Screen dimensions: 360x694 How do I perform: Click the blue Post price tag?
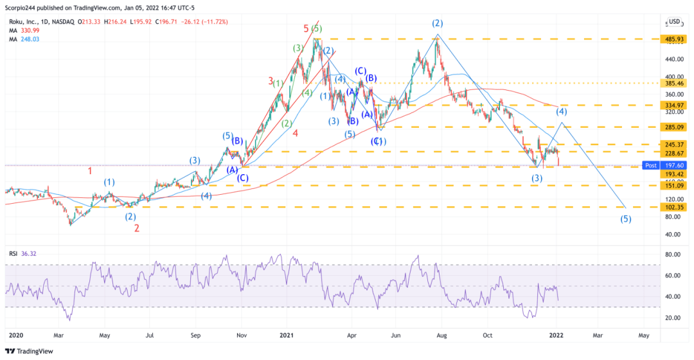[651, 165]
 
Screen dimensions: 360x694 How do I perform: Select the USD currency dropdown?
[674, 21]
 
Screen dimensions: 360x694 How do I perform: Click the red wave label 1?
[91, 171]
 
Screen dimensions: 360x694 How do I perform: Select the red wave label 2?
[137, 228]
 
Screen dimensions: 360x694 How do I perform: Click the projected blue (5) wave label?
[625, 219]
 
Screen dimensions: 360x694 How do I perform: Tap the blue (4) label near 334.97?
[560, 111]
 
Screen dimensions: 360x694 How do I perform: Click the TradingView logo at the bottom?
[30, 351]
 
